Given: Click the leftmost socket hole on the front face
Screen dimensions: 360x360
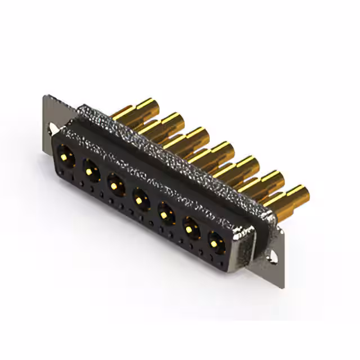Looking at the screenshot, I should (65, 154).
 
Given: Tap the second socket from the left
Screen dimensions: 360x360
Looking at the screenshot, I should (91, 168).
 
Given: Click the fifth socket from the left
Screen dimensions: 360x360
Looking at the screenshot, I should (166, 213).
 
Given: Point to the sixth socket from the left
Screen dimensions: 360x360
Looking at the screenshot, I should (191, 228).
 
